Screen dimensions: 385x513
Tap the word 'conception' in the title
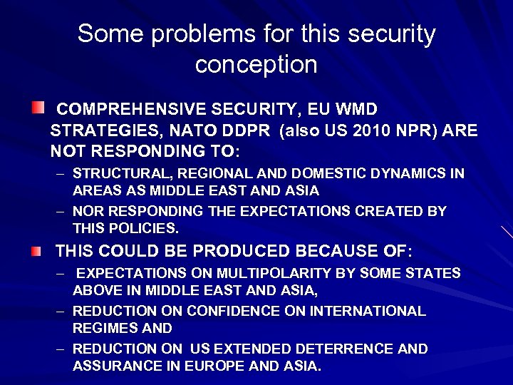(256, 65)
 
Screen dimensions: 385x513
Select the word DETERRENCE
(339, 349)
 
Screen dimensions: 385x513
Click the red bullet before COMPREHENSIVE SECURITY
(36, 108)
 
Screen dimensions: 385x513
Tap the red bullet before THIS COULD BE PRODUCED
(36, 250)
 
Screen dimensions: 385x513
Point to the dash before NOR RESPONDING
(62, 212)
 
